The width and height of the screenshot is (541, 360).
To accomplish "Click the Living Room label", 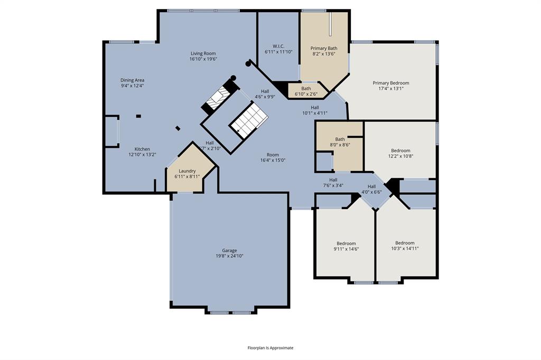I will click(x=203, y=53).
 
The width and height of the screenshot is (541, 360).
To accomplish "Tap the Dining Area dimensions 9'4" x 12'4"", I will click(x=132, y=86).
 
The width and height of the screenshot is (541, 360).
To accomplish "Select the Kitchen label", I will click(x=142, y=149).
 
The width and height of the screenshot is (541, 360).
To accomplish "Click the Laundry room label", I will click(x=187, y=171).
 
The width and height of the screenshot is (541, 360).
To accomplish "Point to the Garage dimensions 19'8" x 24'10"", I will click(x=229, y=256).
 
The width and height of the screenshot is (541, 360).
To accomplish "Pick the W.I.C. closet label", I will click(x=278, y=46).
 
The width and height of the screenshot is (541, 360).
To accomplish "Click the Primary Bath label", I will click(x=324, y=49).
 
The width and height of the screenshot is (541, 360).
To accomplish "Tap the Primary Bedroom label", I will click(x=390, y=83).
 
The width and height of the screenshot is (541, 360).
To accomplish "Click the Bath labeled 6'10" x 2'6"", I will click(x=306, y=89).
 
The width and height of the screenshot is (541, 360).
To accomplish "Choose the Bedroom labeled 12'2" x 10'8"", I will click(x=400, y=150).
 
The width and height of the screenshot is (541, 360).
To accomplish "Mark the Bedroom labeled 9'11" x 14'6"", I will click(x=346, y=243).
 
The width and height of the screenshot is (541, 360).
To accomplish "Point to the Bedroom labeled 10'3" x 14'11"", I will click(x=405, y=243).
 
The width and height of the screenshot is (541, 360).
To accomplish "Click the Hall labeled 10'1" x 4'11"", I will click(x=315, y=108).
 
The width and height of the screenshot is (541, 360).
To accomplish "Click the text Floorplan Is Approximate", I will click(x=270, y=348).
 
